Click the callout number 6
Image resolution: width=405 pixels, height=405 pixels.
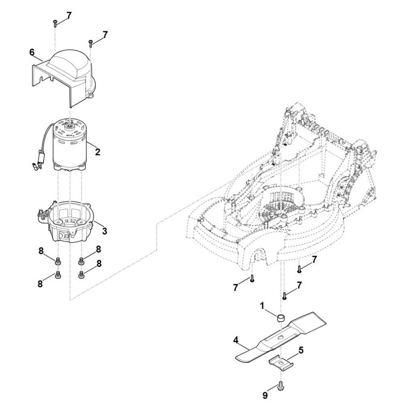pos(32,52)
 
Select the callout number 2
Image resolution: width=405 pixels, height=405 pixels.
pos(97,152)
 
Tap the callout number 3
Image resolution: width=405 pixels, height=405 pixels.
pos(104,231)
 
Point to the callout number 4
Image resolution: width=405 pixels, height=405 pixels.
pos(235,341)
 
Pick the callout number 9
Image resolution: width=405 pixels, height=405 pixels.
pos(265,394)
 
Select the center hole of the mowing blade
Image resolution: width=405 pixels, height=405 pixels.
pos(280,336)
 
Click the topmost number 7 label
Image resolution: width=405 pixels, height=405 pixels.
pos(69,15)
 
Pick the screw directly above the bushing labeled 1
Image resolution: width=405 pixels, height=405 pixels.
pos(285,296)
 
